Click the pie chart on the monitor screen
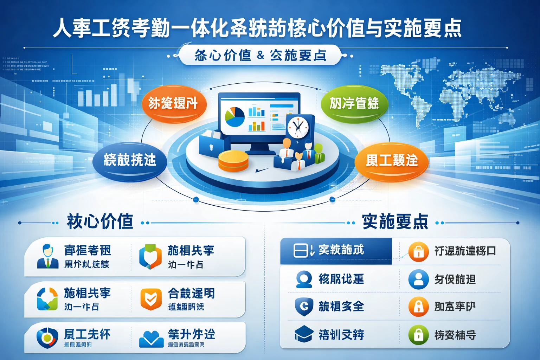point(234,117)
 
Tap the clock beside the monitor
point(298,127)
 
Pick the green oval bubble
point(354,103)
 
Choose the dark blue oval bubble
point(130,160)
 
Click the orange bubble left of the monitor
point(173,103)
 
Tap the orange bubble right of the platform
point(391,161)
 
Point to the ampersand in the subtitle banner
point(261,55)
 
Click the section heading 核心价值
point(100,222)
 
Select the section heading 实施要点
point(395,222)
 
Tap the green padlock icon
point(418,334)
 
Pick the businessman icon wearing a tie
point(47,257)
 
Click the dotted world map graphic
point(454,91)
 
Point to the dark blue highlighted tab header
point(336,251)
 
